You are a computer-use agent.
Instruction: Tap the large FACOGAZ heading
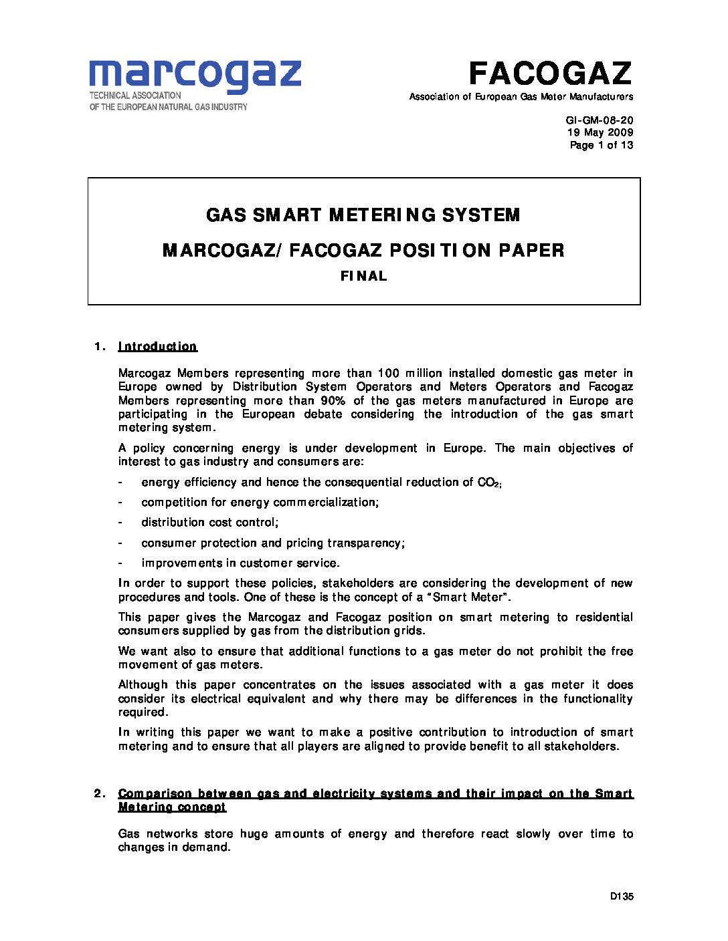[x=549, y=72]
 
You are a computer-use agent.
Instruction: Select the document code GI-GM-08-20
[x=600, y=120]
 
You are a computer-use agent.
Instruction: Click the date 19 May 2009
[x=600, y=132]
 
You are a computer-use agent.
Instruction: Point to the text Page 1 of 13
[x=601, y=144]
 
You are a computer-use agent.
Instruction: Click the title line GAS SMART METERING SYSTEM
[x=363, y=215]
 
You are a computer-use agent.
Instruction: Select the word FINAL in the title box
[x=363, y=276]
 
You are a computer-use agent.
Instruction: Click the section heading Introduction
[x=157, y=346]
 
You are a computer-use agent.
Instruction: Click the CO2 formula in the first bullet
[x=489, y=483]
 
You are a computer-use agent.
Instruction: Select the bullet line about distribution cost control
[x=209, y=522]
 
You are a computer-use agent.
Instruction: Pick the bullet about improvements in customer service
[x=240, y=563]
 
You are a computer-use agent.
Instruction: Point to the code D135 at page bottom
[x=622, y=897]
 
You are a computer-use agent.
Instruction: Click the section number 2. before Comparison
[x=101, y=793]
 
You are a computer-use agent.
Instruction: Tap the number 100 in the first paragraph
[x=389, y=373]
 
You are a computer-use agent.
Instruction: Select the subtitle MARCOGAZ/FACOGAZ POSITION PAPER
[x=363, y=250]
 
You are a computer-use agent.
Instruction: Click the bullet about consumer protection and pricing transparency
[x=273, y=543]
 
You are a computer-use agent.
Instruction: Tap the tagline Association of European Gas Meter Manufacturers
[x=521, y=97]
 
